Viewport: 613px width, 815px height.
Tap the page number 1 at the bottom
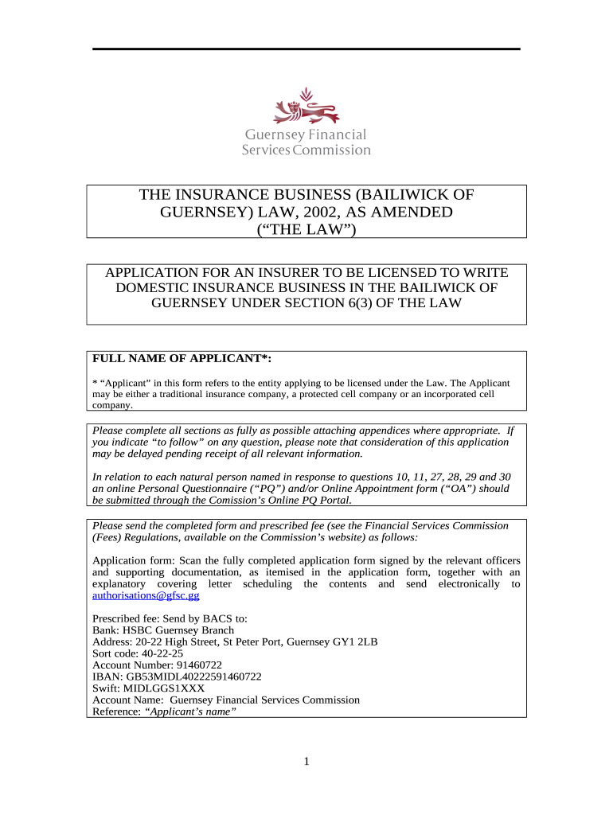(x=306, y=762)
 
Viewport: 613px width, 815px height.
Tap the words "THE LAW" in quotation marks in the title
(x=306, y=230)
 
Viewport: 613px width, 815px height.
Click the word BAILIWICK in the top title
(x=415, y=195)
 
